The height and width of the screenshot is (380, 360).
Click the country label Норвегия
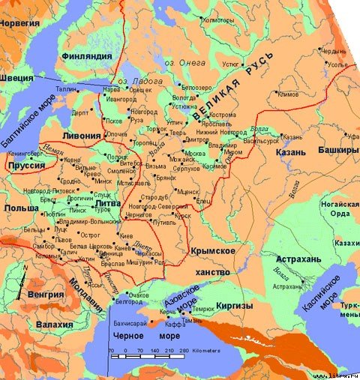pos(19,6)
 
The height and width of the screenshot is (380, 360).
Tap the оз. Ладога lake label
pos(130,80)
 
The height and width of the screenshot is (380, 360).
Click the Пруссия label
pos(23,164)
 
